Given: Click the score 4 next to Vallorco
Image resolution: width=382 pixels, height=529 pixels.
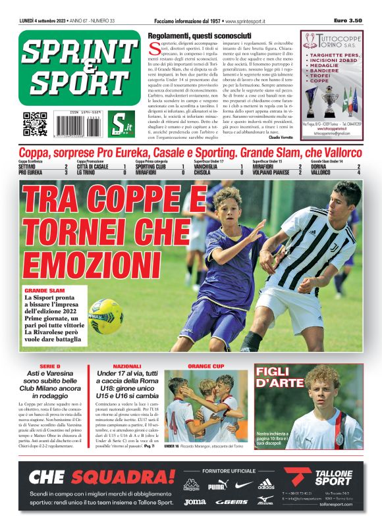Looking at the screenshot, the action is click(x=358, y=172).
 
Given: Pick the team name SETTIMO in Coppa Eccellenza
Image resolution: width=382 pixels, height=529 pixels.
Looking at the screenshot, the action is click(x=31, y=166).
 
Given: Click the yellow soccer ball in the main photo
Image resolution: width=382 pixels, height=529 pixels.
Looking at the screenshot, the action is click(x=107, y=315).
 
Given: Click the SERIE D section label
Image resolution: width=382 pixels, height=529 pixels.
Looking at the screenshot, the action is click(x=49, y=366).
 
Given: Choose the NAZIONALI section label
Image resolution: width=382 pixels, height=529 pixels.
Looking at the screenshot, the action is click(x=127, y=366).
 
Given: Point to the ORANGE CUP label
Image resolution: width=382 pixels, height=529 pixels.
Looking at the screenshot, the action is click(x=206, y=366).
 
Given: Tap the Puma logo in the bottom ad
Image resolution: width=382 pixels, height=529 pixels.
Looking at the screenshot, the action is click(x=217, y=486).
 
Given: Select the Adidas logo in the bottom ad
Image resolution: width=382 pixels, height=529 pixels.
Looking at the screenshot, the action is click(x=266, y=486).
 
